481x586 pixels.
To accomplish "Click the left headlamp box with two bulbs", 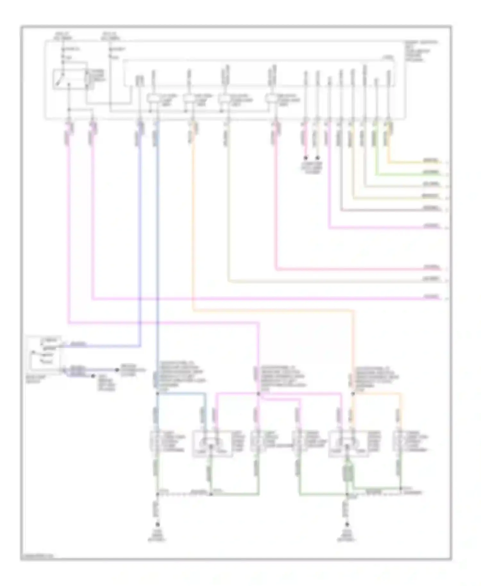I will pos(212,444).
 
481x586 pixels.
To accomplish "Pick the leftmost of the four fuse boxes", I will pos(153,98).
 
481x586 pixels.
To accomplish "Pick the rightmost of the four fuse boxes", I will pos(271,98).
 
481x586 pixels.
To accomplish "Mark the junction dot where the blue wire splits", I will pos(157,393).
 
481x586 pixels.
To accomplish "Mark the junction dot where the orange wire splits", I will pos(353,393).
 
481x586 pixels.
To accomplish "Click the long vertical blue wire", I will pos(157,256).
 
